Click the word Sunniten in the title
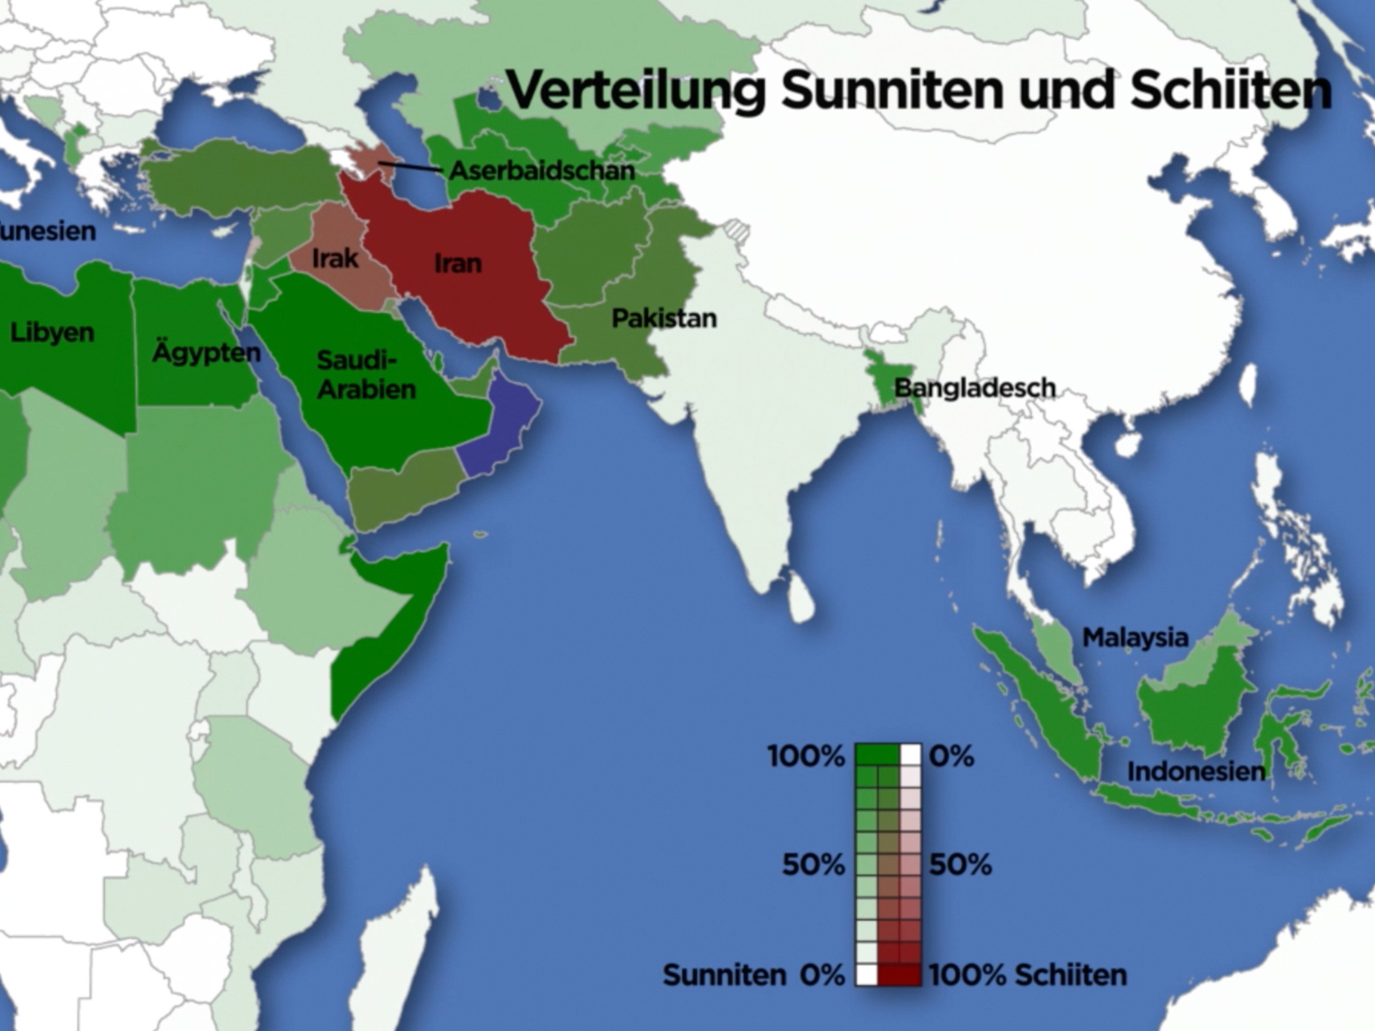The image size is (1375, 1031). pyautogui.click(x=893, y=90)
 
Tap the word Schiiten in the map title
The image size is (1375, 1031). pyautogui.click(x=1230, y=90)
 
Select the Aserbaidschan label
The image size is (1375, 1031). pyautogui.click(x=541, y=171)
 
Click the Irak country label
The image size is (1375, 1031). pyautogui.click(x=335, y=258)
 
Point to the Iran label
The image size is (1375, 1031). pyautogui.click(x=458, y=264)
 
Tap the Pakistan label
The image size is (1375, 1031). pyautogui.click(x=664, y=318)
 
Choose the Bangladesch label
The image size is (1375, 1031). pyautogui.click(x=975, y=388)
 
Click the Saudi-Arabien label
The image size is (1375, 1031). pyautogui.click(x=366, y=375)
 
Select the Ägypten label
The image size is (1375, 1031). pyautogui.click(x=206, y=352)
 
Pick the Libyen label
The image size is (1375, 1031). pyautogui.click(x=52, y=332)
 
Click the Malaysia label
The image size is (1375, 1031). pyautogui.click(x=1135, y=637)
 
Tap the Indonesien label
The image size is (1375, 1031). pyautogui.click(x=1196, y=772)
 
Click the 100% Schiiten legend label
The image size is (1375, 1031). pyautogui.click(x=1027, y=975)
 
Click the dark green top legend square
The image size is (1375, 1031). pyautogui.click(x=877, y=755)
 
